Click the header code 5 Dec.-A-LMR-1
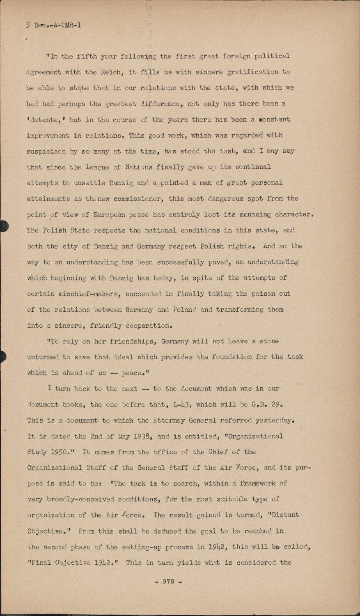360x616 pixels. (53, 25)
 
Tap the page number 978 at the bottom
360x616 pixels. (168, 582)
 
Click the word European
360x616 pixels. (114, 215)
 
